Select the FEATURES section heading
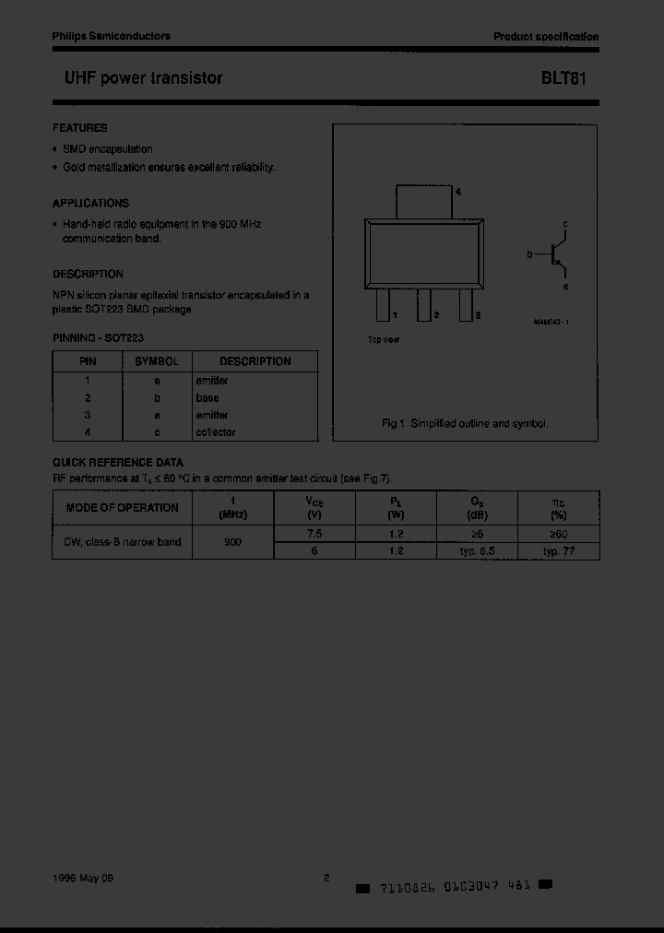tap(80, 128)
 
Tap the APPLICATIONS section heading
tap(91, 203)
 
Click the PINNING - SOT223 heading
tap(99, 338)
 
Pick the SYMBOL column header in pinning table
tap(158, 361)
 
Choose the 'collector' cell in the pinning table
tap(216, 431)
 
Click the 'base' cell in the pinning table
tap(207, 397)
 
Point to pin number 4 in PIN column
tap(88, 431)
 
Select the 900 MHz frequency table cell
tap(233, 542)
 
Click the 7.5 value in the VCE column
tap(314, 534)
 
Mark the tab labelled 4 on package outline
tap(424, 201)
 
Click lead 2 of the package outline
tap(424, 305)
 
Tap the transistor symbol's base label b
tap(529, 254)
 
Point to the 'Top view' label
tap(384, 340)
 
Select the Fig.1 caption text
tap(465, 423)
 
